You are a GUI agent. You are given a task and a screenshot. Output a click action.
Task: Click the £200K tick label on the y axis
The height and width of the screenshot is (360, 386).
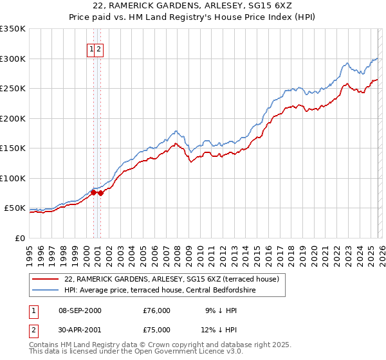(x=13, y=118)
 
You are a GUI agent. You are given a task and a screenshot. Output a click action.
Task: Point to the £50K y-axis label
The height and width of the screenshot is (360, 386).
(x=15, y=208)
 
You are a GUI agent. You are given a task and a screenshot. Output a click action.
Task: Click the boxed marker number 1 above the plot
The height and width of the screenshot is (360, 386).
(x=92, y=49)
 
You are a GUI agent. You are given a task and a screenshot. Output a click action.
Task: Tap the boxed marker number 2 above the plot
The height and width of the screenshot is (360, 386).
(x=100, y=49)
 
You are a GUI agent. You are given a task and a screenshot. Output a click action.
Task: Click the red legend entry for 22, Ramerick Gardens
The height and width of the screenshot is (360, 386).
(x=171, y=279)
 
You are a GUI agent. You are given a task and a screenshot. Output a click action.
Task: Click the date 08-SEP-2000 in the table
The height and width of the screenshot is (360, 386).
(x=80, y=310)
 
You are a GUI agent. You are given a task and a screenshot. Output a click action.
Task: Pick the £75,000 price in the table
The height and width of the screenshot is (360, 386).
(x=157, y=332)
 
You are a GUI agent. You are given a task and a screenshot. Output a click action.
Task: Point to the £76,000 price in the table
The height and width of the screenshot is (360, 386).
(x=157, y=310)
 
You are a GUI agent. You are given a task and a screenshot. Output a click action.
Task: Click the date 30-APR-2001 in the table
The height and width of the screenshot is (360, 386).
(x=80, y=332)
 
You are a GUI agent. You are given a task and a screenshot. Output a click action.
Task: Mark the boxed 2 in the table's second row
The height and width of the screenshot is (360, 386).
(x=33, y=332)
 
